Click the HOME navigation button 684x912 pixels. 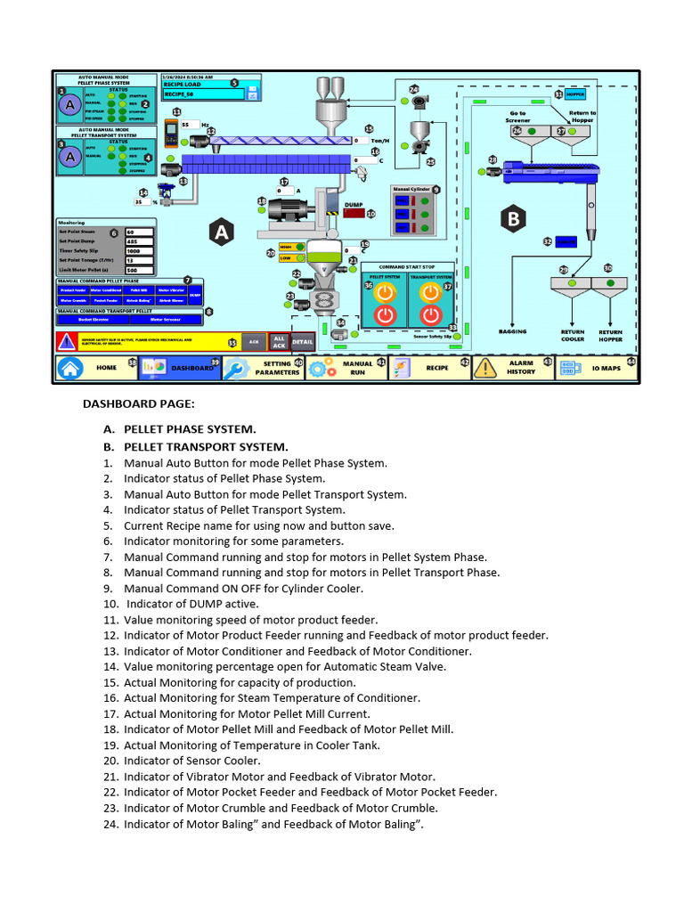tap(94, 367)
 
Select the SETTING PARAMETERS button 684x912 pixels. tap(263, 368)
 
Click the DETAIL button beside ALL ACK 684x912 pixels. tap(302, 342)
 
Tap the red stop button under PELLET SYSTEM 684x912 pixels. tap(384, 314)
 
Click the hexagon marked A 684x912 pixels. tap(221, 232)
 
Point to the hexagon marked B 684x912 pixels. tap(512, 217)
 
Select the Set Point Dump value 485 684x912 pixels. tap(139, 241)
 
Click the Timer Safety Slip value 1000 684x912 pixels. tap(139, 251)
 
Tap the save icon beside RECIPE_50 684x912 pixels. tap(252, 92)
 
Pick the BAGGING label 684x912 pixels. tap(513, 331)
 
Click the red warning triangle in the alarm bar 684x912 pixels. tap(68, 342)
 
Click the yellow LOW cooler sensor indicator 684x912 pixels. tap(286, 258)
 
